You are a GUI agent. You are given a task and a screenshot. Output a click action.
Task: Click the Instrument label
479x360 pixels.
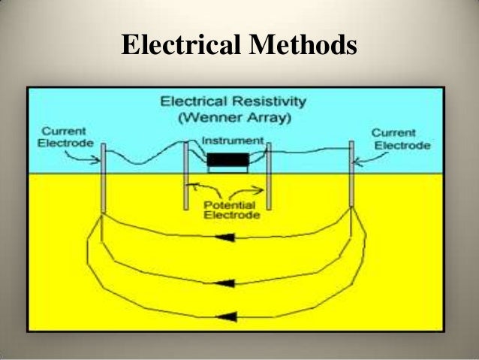(233, 141)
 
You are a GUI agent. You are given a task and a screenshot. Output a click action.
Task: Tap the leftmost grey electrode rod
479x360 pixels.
(103, 177)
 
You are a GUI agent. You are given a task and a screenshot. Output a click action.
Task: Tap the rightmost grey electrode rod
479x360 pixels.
(351, 173)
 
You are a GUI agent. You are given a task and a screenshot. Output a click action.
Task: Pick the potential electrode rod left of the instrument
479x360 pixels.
(185, 174)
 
